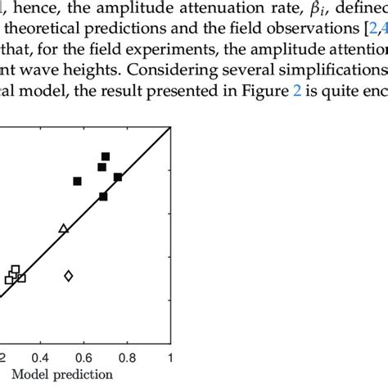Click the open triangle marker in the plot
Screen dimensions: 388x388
point(64,228)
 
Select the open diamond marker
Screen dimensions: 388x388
point(69,276)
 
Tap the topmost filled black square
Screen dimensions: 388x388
point(106,156)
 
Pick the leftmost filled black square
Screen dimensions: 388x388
point(78,181)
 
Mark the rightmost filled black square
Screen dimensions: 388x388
point(118,177)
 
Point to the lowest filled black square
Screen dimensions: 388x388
point(103,196)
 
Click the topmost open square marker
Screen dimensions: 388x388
point(16,269)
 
